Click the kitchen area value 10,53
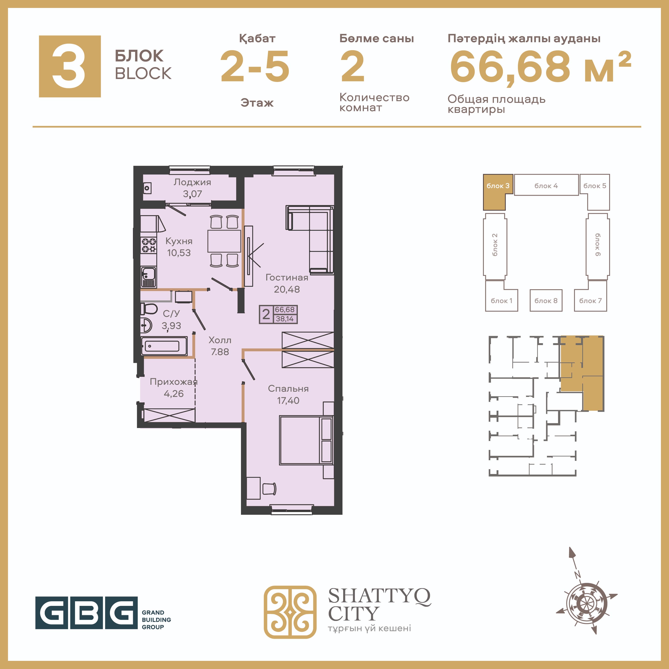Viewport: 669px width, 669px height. pos(179,253)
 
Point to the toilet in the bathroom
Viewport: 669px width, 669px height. pos(149,308)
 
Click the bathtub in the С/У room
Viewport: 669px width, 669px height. pos(164,346)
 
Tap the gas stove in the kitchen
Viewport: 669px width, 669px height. pos(149,245)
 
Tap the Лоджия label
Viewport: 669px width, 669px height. pos(192,182)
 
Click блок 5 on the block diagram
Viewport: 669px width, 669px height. pos(595,186)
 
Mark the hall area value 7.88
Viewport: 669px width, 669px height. pos(220,352)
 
